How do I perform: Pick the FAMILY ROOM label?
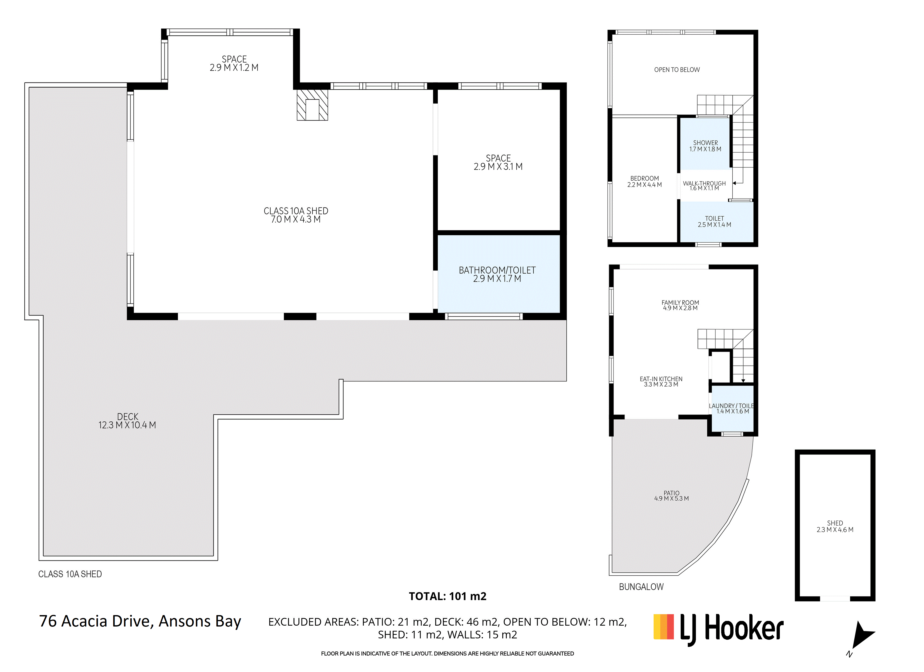click(x=680, y=305)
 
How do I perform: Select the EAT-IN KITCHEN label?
click(x=661, y=382)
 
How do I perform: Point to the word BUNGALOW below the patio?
click(x=641, y=587)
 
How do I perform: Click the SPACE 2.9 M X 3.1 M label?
click(x=498, y=162)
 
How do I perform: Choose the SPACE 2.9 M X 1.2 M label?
click(x=234, y=63)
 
